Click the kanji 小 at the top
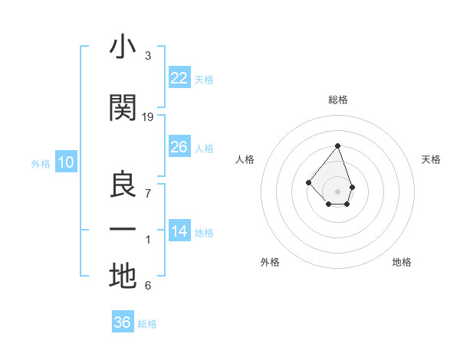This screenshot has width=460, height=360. click(122, 47)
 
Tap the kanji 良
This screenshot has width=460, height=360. click(123, 184)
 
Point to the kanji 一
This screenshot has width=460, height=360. click(123, 230)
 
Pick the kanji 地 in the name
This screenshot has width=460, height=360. click(123, 277)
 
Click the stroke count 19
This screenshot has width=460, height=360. click(148, 116)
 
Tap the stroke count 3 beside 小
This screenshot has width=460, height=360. click(148, 56)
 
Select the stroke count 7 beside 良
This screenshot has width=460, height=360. click(148, 193)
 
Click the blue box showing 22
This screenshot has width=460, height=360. click(179, 77)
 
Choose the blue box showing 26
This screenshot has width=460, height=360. click(179, 146)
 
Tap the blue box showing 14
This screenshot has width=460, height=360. click(179, 231)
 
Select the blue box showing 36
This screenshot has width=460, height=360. click(123, 322)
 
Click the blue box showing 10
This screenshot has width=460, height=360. click(66, 162)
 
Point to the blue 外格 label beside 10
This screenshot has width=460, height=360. click(41, 163)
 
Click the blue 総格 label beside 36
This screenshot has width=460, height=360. click(147, 324)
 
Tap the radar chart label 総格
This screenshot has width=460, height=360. click(337, 100)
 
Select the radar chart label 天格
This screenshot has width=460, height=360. click(432, 159)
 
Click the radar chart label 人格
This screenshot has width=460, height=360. click(245, 159)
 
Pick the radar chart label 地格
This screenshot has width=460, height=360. click(402, 262)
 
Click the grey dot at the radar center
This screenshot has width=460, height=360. click(337, 191)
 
